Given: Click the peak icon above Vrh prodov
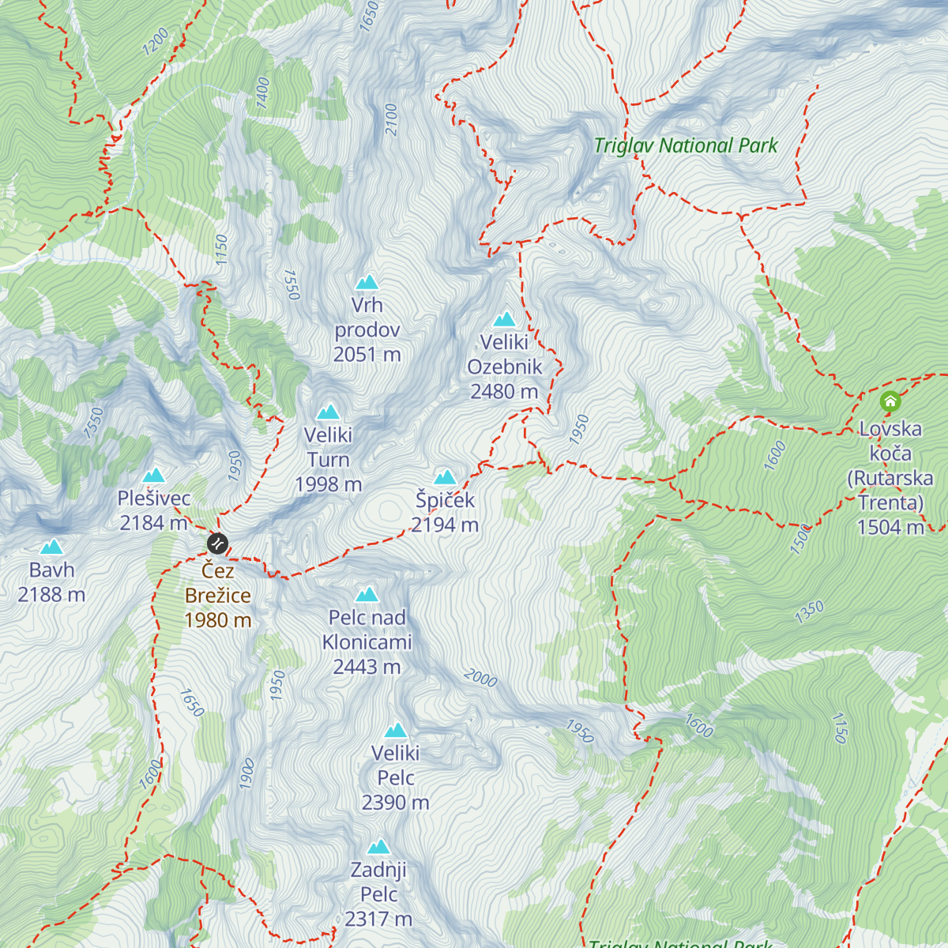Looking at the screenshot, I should (x=367, y=282).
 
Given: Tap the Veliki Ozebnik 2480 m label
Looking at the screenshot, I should (x=504, y=367).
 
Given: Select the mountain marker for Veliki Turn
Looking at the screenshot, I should (x=328, y=412).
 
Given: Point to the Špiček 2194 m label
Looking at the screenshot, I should (x=445, y=512).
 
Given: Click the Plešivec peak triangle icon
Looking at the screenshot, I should (x=153, y=475).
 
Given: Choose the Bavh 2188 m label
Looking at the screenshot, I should (x=51, y=582).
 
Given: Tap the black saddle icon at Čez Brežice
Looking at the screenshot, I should (x=217, y=544).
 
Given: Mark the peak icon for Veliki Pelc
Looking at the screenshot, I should (x=395, y=731).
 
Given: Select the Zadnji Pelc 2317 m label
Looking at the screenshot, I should (x=378, y=893).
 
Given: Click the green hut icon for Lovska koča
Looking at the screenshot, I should (x=890, y=401).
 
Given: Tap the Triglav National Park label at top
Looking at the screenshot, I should (x=685, y=145).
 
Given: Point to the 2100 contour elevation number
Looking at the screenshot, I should (x=391, y=119).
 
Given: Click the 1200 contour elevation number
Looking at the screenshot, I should (x=156, y=41).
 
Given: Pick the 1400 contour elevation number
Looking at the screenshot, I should (x=263, y=92).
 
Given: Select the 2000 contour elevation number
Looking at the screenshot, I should (x=480, y=677).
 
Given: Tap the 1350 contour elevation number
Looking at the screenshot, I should (x=810, y=611).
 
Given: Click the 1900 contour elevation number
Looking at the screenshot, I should (x=246, y=773).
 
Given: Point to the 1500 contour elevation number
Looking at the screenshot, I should (x=800, y=539).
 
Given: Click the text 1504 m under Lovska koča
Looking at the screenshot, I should (x=890, y=527).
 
